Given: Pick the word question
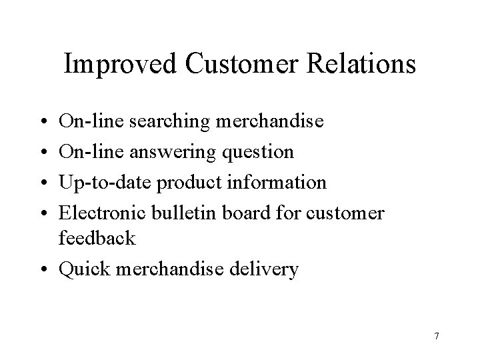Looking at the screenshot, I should click(x=257, y=153).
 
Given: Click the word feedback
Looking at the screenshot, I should click(x=97, y=238).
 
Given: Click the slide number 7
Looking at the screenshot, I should click(x=436, y=336).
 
